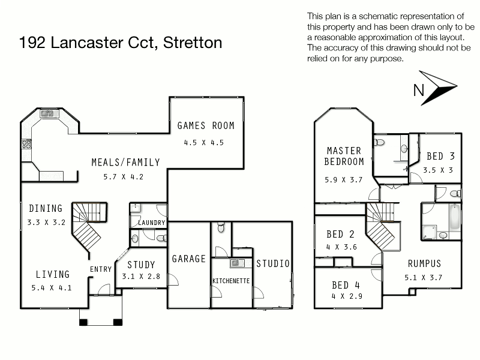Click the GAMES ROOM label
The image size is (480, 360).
pyautogui.click(x=206, y=126)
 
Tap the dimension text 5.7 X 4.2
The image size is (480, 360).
pyautogui.click(x=122, y=177)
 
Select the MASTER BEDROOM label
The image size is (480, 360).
pyautogui.click(x=344, y=156)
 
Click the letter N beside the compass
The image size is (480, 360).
pyautogui.click(x=419, y=91)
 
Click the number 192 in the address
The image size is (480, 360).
pyautogui.click(x=34, y=43)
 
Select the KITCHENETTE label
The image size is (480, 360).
pyautogui.click(x=231, y=281)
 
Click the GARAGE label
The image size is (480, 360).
pyautogui.click(x=189, y=259)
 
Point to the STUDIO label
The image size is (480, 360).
pyautogui.click(x=273, y=263)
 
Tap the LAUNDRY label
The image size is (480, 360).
pyautogui.click(x=151, y=223)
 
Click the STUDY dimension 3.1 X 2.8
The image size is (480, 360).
pyautogui.click(x=141, y=277)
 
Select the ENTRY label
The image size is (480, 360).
pyautogui.click(x=100, y=269)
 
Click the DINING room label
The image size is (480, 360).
pyautogui.click(x=46, y=209)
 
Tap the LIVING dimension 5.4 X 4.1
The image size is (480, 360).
pyautogui.click(x=53, y=287)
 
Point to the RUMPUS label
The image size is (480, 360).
pyautogui.click(x=424, y=263)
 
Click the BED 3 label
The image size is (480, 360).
pyautogui.click(x=440, y=156)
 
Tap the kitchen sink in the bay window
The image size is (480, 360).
pyautogui.click(x=46, y=113)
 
